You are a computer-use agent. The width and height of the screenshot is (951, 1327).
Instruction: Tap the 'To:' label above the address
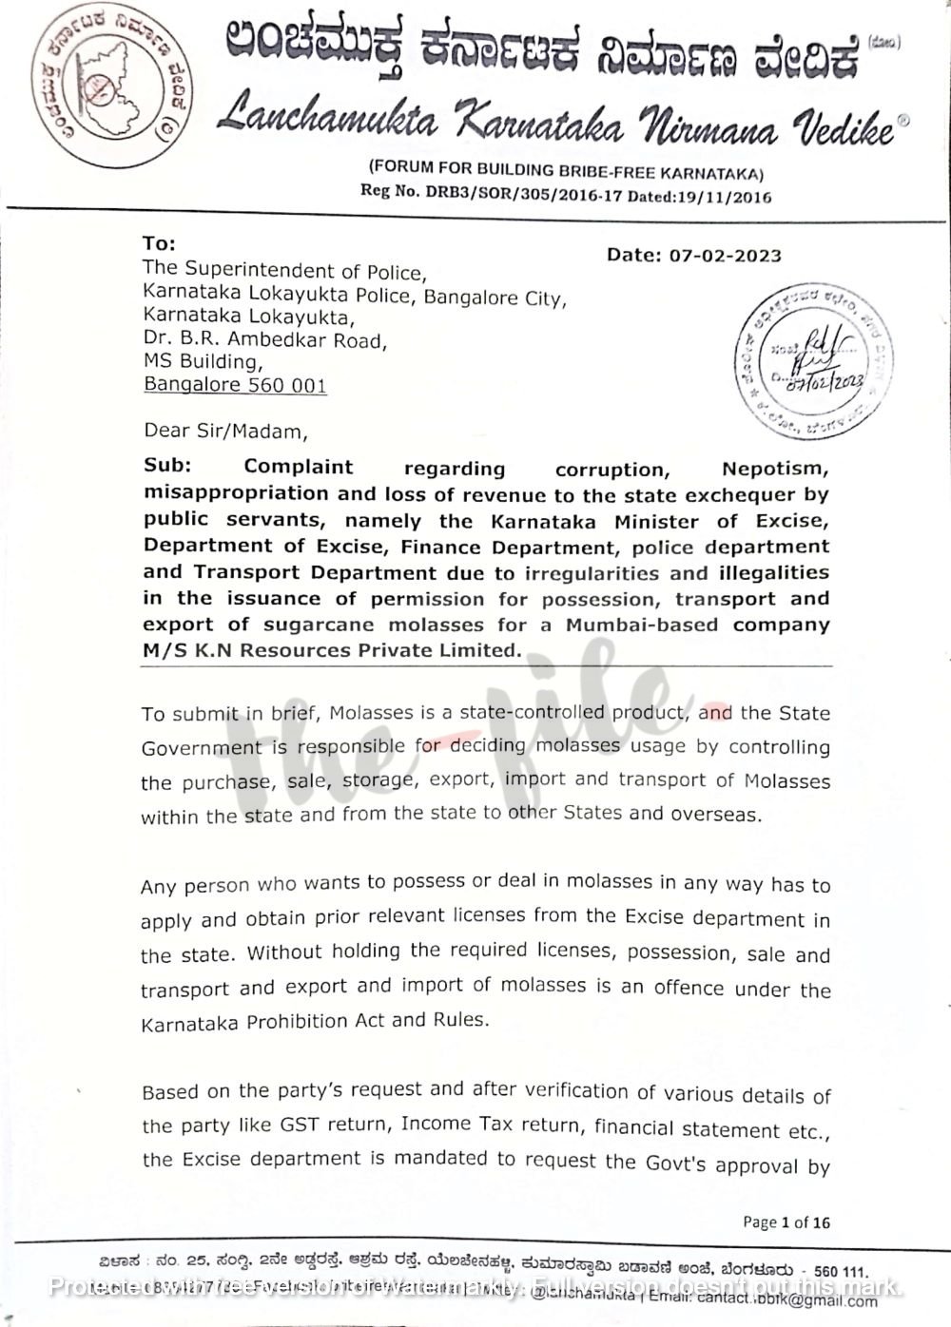click(159, 244)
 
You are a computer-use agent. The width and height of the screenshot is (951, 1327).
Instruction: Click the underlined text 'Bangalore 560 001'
click(235, 385)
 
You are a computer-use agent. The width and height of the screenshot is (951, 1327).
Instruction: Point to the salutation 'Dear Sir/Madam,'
click(225, 431)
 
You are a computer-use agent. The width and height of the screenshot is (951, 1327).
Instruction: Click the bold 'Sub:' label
click(167, 466)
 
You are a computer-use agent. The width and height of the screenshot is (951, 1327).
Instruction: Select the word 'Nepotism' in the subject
click(774, 469)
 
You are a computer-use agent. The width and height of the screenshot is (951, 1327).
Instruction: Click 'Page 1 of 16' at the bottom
click(786, 1222)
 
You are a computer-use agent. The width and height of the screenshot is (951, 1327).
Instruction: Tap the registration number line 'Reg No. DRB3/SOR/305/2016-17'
click(565, 194)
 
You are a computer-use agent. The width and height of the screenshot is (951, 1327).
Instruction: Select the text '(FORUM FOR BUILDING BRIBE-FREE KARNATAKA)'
click(565, 171)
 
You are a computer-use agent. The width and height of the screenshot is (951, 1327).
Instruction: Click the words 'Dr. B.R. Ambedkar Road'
click(263, 339)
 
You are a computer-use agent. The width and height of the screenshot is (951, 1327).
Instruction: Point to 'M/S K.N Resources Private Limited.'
click(333, 650)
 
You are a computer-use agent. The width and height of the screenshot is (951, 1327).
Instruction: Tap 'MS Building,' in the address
click(203, 362)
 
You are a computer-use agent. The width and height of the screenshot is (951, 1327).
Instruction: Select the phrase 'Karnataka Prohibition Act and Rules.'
click(315, 1022)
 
